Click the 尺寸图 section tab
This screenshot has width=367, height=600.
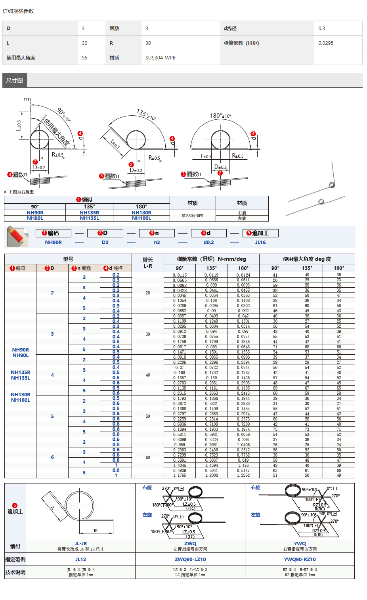click(15, 80)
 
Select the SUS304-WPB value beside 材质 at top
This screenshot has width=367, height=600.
click(160, 57)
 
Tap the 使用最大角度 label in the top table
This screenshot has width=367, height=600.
click(21, 57)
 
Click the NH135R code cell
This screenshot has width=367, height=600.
click(89, 213)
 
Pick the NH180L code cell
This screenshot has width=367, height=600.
click(141, 218)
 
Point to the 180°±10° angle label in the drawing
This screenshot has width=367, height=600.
click(220, 116)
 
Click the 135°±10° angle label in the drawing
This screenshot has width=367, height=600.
click(146, 114)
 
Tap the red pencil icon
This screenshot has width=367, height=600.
click(17, 236)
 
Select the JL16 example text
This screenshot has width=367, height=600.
click(260, 243)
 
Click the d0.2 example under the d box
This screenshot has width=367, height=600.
click(208, 243)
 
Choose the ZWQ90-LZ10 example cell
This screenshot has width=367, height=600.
click(190, 560)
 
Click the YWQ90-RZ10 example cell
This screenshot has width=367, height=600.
click(300, 560)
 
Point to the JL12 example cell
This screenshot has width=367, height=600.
click(80, 560)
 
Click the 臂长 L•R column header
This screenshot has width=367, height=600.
click(148, 263)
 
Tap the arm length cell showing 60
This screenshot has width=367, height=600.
click(148, 457)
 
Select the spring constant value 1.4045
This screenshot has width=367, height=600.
click(180, 465)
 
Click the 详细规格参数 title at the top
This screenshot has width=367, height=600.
click(18, 11)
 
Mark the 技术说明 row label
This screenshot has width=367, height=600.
click(15, 572)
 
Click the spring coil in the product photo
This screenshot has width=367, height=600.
click(332, 185)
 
